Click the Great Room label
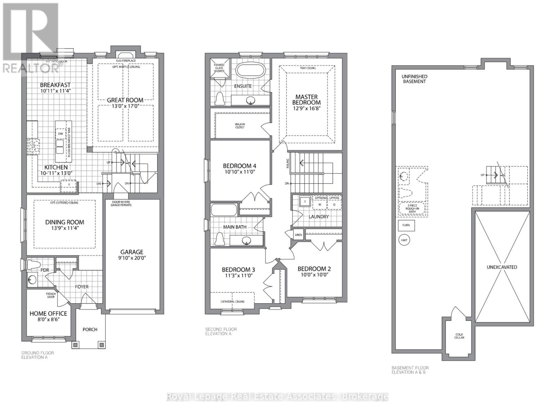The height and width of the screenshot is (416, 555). pos(125,100)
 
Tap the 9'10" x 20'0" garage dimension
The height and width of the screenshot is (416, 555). pos(132,258)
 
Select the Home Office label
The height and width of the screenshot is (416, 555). pos(48,313)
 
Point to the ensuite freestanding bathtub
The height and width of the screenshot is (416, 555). pos(250,70)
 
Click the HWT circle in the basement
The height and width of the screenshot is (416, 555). pos(404,240)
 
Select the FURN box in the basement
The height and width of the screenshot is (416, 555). pos(406,225)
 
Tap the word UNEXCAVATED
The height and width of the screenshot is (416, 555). pos(502,267)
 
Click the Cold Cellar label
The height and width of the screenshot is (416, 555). pos(459,336)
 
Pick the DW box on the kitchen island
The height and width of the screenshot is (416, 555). pos(60,133)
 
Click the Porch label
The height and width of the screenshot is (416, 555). pos(90,329)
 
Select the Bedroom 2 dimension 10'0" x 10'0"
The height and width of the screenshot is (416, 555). pos(314,275)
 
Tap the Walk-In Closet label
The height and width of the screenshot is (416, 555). pos(240,125)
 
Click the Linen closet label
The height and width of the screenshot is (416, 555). pos(298,235)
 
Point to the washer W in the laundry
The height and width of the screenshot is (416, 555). pos(320,205)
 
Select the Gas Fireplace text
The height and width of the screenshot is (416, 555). pos(126,61)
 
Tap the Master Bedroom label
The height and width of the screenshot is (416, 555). pos(306,99)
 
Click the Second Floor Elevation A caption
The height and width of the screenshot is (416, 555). pos(221,331)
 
